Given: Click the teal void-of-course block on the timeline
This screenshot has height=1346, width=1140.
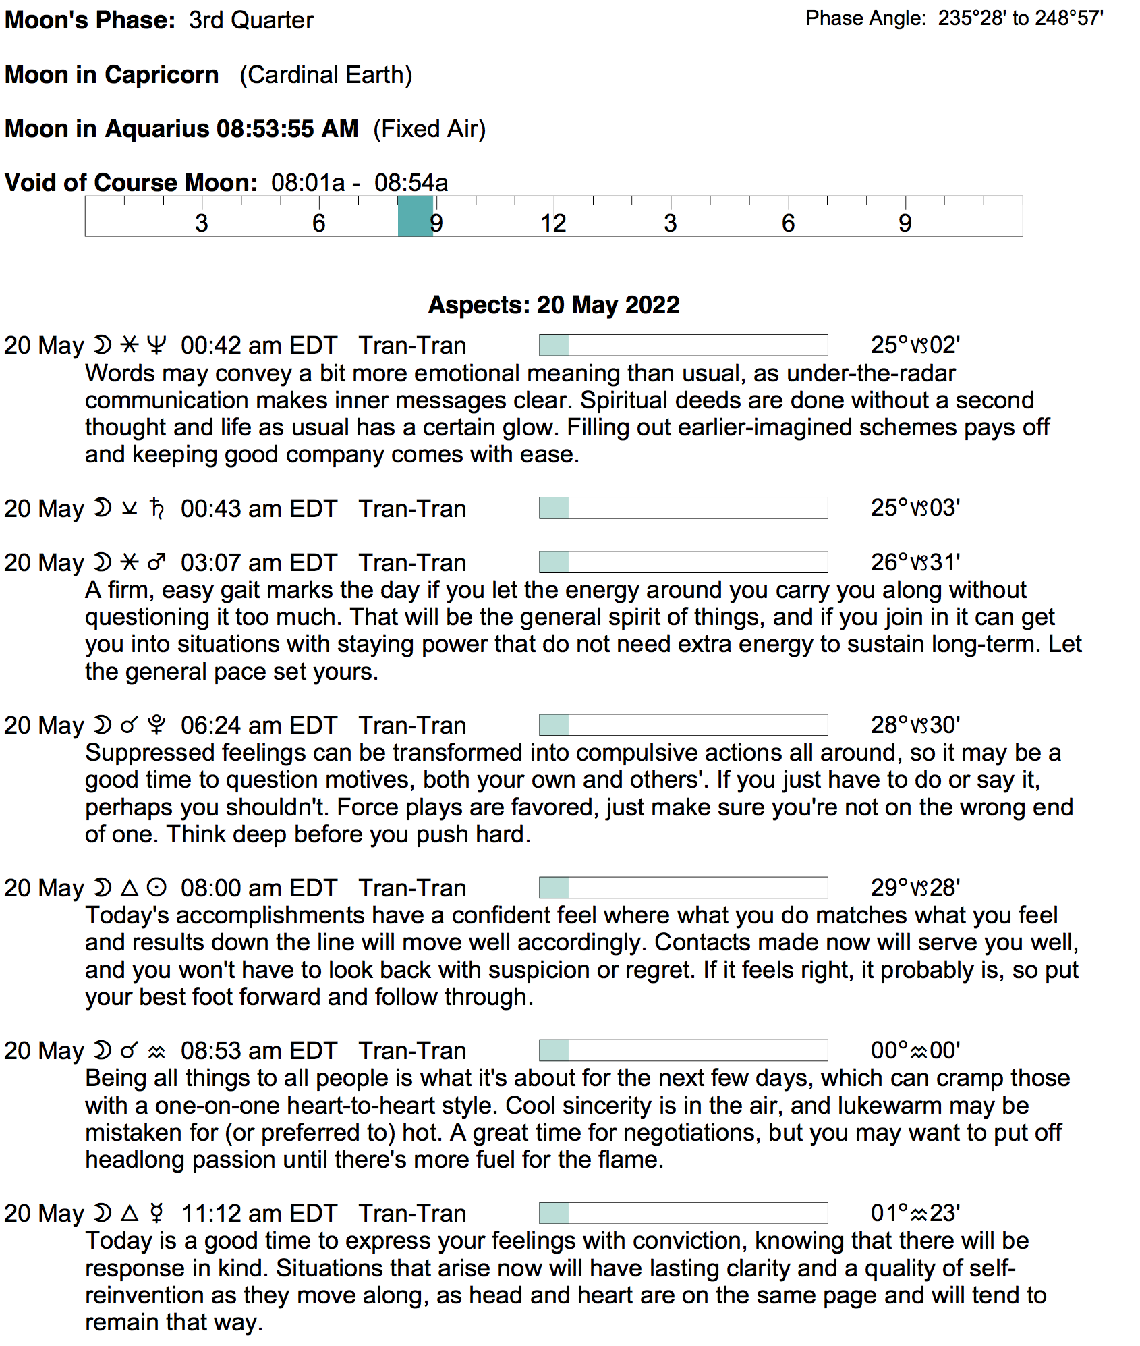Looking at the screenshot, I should [x=415, y=216].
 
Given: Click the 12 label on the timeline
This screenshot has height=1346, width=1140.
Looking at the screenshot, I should [x=553, y=223].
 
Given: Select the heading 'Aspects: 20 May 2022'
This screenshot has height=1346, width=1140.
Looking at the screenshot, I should [x=554, y=305].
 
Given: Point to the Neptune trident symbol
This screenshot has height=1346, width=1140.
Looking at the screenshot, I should [x=156, y=346].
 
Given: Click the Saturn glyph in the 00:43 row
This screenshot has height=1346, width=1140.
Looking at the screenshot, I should [x=156, y=508].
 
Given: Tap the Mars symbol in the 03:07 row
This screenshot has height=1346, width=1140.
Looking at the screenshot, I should [x=156, y=562].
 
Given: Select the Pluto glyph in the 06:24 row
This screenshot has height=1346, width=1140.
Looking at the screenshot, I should [x=156, y=725].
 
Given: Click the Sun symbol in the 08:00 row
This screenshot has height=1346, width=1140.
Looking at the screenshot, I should [x=156, y=888].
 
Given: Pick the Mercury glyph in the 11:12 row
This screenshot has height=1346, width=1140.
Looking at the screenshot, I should [x=156, y=1213].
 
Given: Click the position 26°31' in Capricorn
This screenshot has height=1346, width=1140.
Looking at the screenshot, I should [x=915, y=562].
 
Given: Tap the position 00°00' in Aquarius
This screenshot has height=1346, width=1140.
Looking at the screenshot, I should [x=915, y=1050].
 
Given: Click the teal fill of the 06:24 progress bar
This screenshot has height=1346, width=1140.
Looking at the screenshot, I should [x=554, y=725].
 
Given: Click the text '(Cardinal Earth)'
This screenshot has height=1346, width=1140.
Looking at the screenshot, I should [x=326, y=74].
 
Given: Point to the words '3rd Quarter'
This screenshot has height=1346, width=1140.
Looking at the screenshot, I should [x=251, y=20].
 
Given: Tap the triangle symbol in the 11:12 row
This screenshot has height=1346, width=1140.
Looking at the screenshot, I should [x=130, y=1213].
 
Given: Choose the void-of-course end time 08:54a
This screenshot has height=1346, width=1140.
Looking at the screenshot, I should [x=411, y=183].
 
